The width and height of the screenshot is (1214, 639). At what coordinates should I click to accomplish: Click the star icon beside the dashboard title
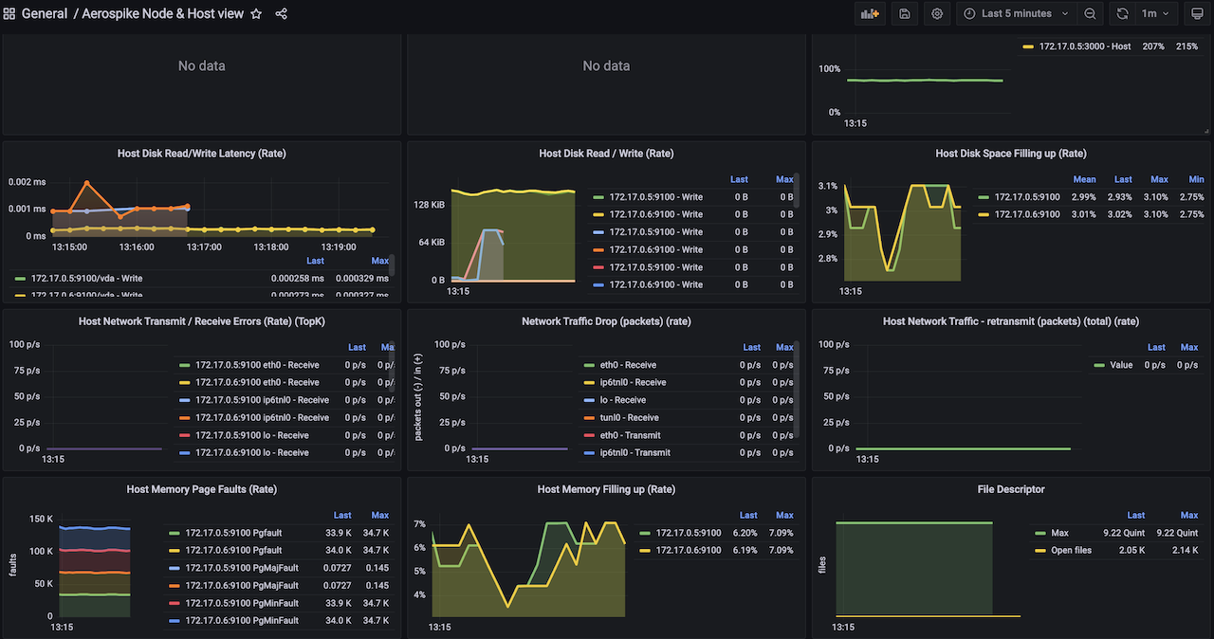click(256, 14)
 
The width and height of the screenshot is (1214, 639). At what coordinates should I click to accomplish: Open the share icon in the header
click(282, 14)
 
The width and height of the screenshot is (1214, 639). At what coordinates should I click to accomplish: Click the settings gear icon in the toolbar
click(937, 14)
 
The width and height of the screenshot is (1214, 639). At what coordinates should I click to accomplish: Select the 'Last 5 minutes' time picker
click(1016, 14)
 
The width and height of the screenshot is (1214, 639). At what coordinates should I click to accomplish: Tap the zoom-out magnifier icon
click(1091, 14)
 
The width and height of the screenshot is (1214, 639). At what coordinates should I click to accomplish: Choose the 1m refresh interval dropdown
click(1157, 14)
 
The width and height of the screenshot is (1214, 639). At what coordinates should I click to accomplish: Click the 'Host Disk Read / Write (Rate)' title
click(606, 154)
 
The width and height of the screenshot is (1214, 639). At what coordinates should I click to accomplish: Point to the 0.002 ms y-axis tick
click(27, 182)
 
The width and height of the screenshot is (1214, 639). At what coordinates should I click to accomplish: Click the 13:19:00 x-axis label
click(339, 246)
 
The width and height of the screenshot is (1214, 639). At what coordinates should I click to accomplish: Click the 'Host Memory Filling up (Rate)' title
click(606, 489)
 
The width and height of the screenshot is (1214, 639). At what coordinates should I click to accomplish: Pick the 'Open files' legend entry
click(1071, 550)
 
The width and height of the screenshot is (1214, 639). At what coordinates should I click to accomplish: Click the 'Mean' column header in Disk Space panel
click(1084, 179)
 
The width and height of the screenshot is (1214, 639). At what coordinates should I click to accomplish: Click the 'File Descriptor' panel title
click(1011, 489)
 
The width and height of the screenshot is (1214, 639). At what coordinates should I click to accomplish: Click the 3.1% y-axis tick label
click(827, 187)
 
